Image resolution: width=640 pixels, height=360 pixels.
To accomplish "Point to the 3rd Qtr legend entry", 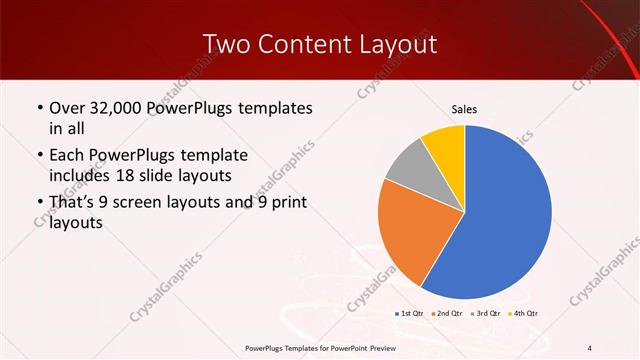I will [x=486, y=314].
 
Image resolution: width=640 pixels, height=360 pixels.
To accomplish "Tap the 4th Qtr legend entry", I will [x=524, y=314].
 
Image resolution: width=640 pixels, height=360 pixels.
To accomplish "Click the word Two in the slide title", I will [x=228, y=44].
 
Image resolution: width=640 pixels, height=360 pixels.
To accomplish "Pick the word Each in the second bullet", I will [x=67, y=155].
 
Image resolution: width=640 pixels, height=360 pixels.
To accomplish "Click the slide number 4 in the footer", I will [x=590, y=347].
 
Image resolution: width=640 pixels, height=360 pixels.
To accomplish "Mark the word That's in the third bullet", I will [x=73, y=203].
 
